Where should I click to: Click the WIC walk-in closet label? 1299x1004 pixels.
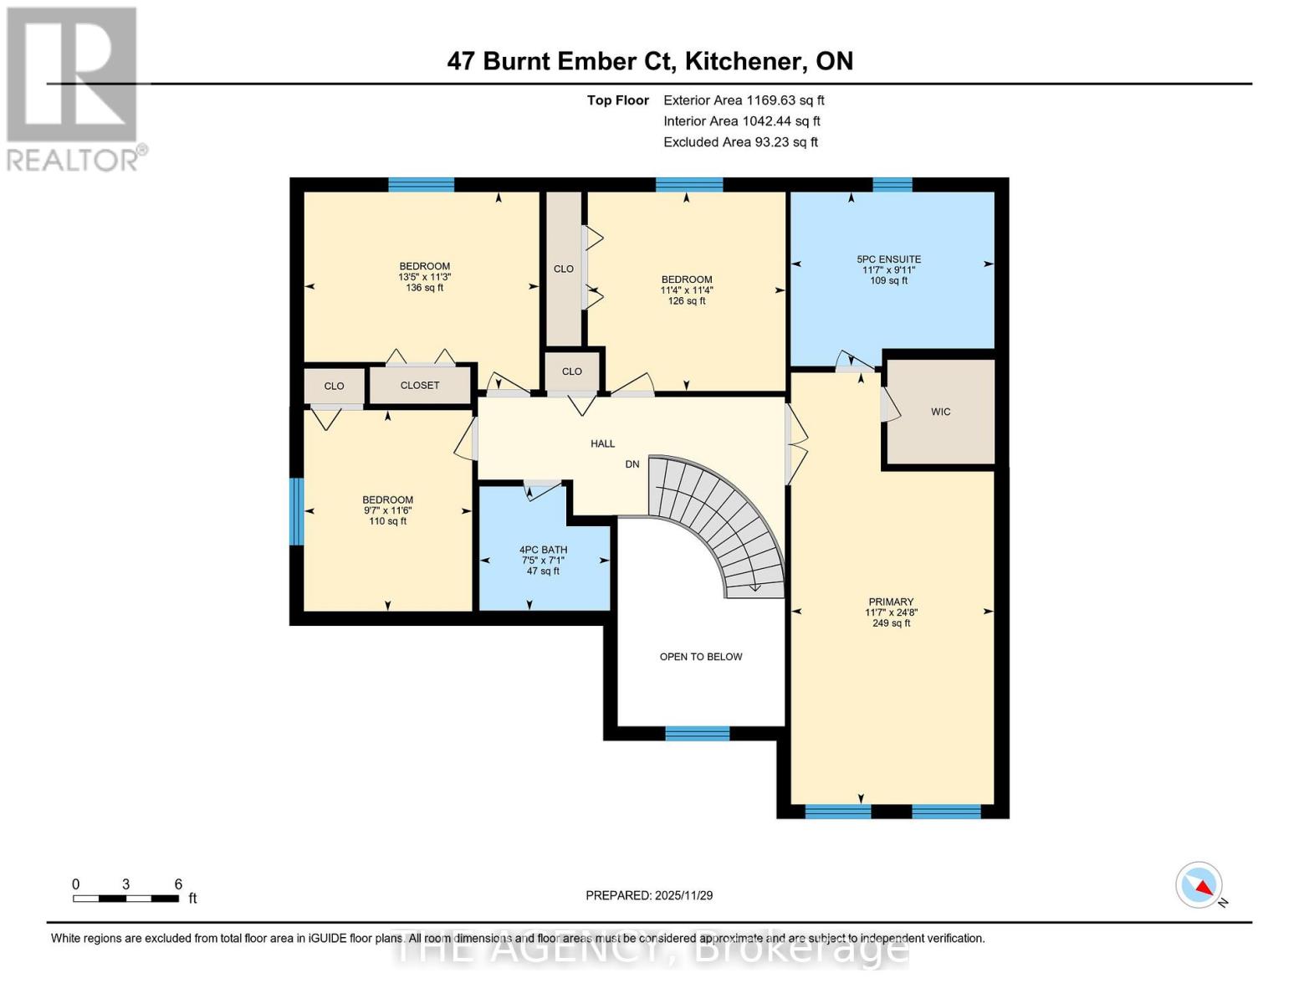[940, 412]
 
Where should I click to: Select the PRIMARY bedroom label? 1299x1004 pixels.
[891, 602]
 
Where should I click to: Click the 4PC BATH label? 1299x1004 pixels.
[543, 550]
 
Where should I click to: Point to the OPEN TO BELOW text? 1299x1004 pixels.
[701, 657]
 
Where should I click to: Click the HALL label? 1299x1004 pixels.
[602, 443]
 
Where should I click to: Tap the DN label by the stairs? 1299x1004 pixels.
[632, 464]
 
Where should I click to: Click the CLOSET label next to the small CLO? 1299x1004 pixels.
[420, 386]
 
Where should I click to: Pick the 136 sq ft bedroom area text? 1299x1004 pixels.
[424, 288]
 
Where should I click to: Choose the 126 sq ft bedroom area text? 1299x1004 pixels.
[687, 301]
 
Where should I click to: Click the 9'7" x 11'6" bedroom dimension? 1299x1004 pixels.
[387, 510]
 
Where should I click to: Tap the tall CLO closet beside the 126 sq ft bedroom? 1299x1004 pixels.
[564, 269]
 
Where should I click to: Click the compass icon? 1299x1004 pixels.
[1199, 885]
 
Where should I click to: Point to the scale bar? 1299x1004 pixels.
[125, 899]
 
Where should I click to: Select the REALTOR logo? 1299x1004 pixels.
[74, 88]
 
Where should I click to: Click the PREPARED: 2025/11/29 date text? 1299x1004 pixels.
[649, 895]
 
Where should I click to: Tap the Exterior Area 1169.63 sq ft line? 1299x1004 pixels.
[744, 100]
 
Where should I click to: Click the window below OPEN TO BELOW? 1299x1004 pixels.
[697, 734]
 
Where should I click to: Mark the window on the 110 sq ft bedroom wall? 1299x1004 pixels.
[296, 511]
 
